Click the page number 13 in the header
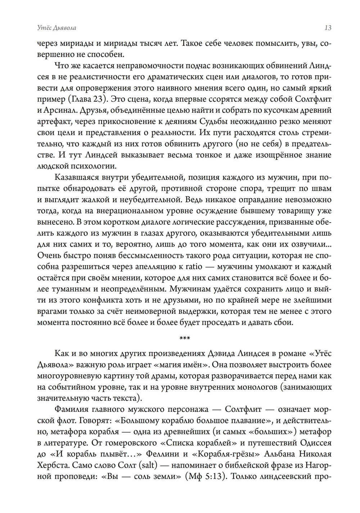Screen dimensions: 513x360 [328, 28]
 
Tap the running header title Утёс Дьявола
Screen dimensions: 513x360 [57, 28]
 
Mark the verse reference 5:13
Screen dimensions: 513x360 [212, 477]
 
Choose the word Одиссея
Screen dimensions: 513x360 [313, 443]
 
